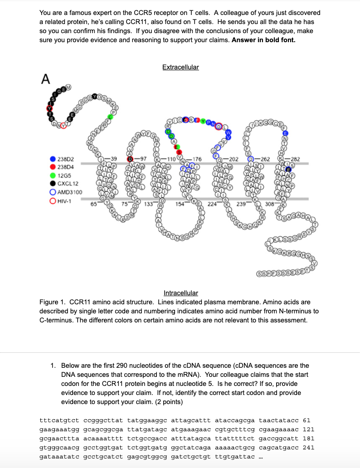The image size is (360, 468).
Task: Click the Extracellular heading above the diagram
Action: [x=180, y=67]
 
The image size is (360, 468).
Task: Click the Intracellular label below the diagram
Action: [x=180, y=293]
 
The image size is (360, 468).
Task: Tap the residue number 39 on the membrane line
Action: [x=113, y=158]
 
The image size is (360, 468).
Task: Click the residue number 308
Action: [x=269, y=204]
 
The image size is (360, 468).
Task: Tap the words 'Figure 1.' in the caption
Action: [x=54, y=302]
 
